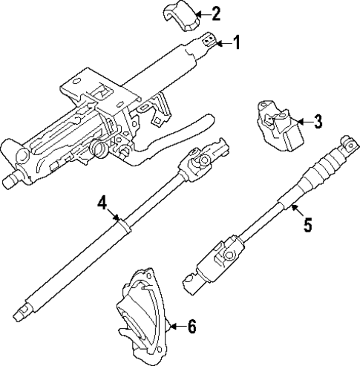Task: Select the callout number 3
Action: [317, 121]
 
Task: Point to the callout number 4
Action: [102, 203]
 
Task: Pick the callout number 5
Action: [307, 223]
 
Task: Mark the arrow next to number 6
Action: [177, 325]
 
